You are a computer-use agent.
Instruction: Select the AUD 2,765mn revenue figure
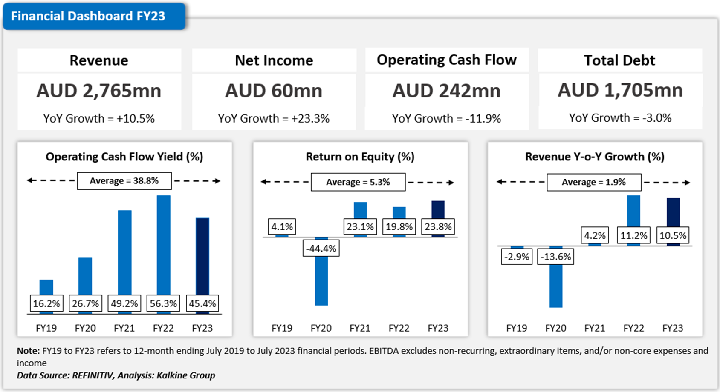pyautogui.click(x=99, y=91)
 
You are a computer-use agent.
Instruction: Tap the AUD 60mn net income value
pyautogui.click(x=274, y=91)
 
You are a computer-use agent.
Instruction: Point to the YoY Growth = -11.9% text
pyautogui.click(x=446, y=118)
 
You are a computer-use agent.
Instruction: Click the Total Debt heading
pyautogui.click(x=619, y=60)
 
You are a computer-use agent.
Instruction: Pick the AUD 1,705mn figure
pyautogui.click(x=620, y=90)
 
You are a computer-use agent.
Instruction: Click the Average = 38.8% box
pyautogui.click(x=124, y=181)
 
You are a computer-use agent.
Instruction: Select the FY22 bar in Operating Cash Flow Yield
pyautogui.click(x=163, y=243)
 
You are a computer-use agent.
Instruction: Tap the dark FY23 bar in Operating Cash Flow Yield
pyautogui.click(x=202, y=255)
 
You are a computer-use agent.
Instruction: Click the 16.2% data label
pyautogui.click(x=46, y=303)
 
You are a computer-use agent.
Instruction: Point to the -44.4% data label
pyautogui.click(x=321, y=249)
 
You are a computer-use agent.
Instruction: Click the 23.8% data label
pyautogui.click(x=438, y=226)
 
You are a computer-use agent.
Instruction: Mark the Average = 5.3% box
pyautogui.click(x=358, y=182)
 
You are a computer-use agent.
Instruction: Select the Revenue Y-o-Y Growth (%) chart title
pyautogui.click(x=595, y=157)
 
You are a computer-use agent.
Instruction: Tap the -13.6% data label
pyautogui.click(x=555, y=257)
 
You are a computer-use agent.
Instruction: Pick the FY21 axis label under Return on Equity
pyautogui.click(x=360, y=328)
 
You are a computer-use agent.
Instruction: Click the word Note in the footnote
pyautogui.click(x=28, y=351)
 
